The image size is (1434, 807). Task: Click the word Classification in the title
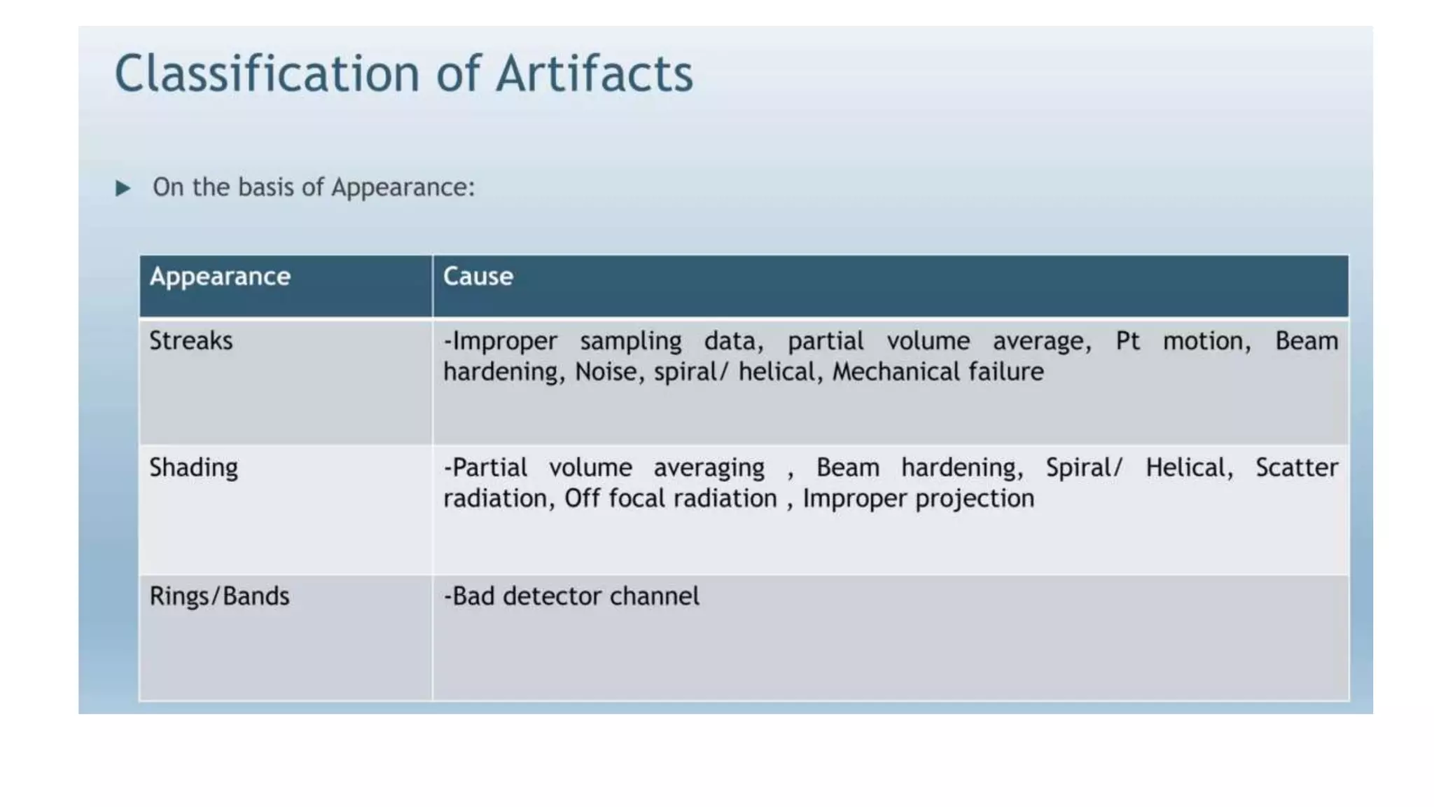click(x=267, y=74)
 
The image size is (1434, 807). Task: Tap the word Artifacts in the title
click(x=594, y=74)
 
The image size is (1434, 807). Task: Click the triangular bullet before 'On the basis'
click(x=123, y=188)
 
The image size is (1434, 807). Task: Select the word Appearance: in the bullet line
click(x=403, y=188)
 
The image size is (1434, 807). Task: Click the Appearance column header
click(x=220, y=277)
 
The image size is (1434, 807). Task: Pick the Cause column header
click(x=478, y=277)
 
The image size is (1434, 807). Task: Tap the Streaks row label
click(x=190, y=341)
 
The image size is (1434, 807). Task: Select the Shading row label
click(x=193, y=468)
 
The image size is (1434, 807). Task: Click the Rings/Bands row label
click(x=219, y=596)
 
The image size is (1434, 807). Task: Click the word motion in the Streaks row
click(x=1206, y=341)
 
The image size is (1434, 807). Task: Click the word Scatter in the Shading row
click(x=1296, y=468)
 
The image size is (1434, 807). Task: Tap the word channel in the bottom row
click(x=654, y=596)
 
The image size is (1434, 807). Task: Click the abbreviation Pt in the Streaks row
click(x=1127, y=341)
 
